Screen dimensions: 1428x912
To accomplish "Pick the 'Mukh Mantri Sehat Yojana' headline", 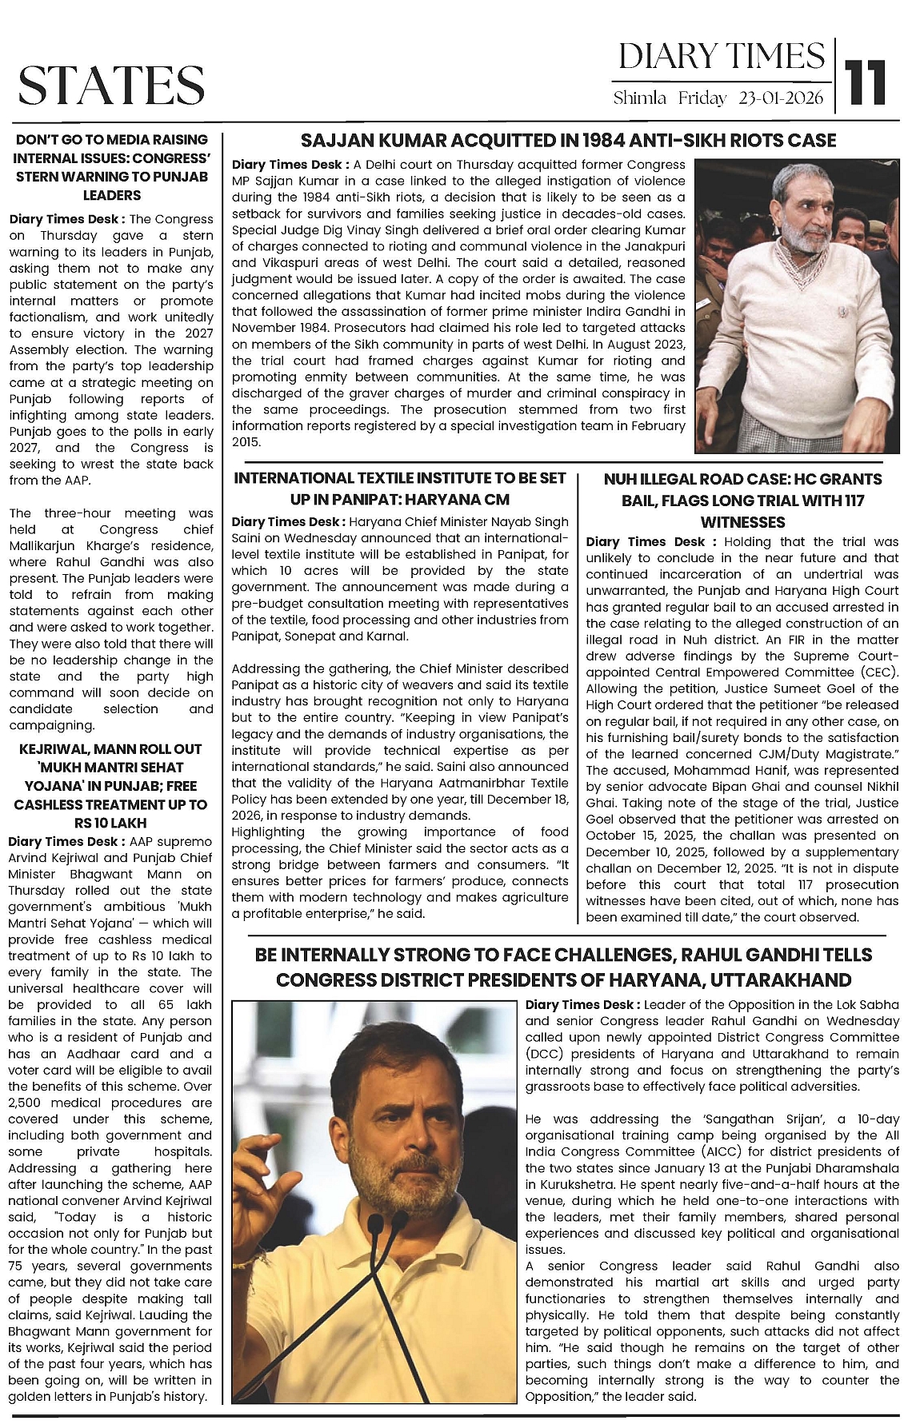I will point(110,785).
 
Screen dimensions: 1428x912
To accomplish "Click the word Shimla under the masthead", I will point(640,98).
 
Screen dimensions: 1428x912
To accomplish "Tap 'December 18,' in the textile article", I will point(532,799).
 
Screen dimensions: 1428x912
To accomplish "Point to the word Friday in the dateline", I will point(702,98).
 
